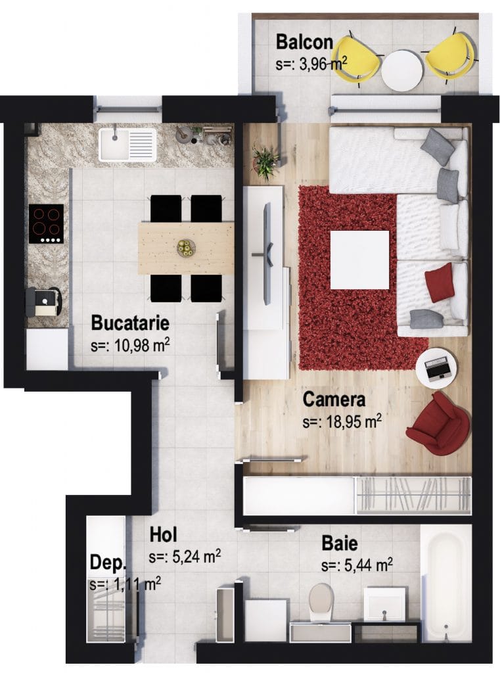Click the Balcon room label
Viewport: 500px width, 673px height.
click(x=304, y=42)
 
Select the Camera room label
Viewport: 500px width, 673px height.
click(x=334, y=399)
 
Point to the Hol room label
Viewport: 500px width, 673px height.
click(x=163, y=535)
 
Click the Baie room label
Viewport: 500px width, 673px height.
click(x=340, y=544)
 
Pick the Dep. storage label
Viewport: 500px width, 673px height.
click(x=107, y=563)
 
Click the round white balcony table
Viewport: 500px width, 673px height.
click(x=401, y=71)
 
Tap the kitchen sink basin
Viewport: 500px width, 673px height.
click(x=127, y=145)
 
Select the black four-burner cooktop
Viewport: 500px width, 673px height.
click(x=47, y=224)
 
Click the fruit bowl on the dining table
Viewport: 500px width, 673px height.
click(x=186, y=248)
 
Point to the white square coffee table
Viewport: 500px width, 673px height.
click(x=359, y=260)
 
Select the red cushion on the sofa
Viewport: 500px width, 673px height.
click(x=440, y=283)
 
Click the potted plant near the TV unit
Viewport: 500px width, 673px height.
click(x=265, y=161)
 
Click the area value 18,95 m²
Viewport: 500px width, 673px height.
click(x=342, y=422)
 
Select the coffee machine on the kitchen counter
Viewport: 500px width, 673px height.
click(x=43, y=302)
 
